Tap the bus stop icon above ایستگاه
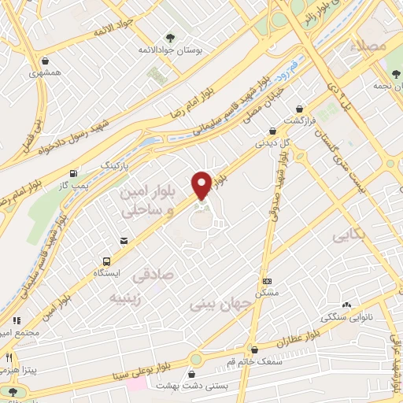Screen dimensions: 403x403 pos(106,261)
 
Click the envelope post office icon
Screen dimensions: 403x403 pos(124,241)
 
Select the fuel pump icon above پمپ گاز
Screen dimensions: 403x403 pos(73,173)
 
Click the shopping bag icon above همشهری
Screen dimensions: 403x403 pos(46,61)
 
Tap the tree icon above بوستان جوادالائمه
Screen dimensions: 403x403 pos(170,37)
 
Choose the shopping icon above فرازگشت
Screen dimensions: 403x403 pos(299,109)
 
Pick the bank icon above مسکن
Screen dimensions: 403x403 pos(267,281)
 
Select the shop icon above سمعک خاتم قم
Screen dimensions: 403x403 pos(253,349)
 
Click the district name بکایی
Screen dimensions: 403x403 pos(349,235)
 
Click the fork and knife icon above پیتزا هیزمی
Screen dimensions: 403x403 pos(13,390)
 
